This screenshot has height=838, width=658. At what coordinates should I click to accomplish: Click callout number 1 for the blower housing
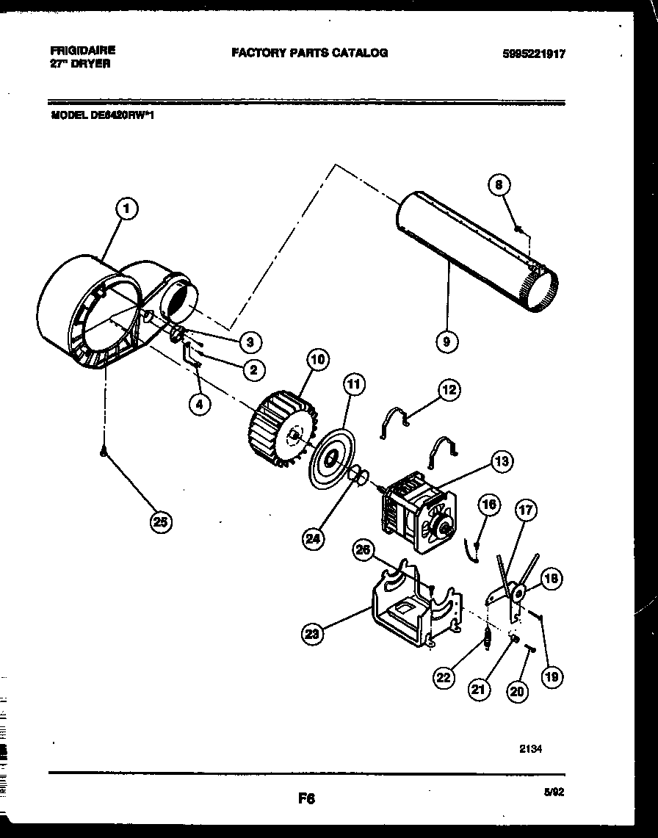click(127, 209)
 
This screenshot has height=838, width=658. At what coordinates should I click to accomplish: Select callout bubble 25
click(160, 522)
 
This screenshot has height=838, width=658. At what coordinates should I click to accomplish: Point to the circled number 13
click(502, 461)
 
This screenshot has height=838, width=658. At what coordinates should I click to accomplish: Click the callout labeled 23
click(313, 634)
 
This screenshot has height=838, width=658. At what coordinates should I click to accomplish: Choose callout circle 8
click(499, 186)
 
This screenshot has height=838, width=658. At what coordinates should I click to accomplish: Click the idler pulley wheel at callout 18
click(518, 592)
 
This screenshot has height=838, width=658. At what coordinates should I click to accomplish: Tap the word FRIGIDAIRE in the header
click(82, 51)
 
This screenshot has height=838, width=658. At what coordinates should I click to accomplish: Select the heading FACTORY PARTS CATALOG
click(309, 52)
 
